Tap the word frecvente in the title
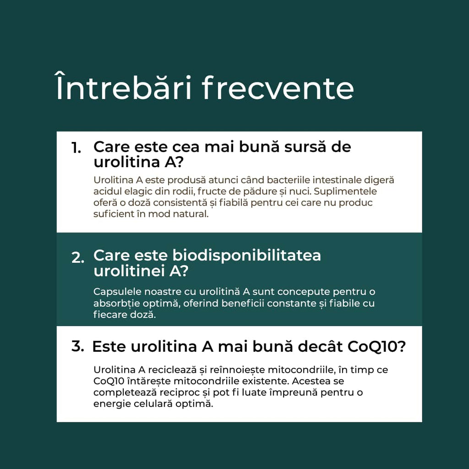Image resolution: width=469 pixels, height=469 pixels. click(x=278, y=88)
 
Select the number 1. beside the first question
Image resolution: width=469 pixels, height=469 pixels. click(x=76, y=148)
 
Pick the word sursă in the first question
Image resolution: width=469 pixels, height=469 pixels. click(x=304, y=147)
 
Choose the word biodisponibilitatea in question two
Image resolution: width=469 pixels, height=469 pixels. click(x=246, y=256)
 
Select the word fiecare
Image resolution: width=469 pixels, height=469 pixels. click(x=110, y=315)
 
